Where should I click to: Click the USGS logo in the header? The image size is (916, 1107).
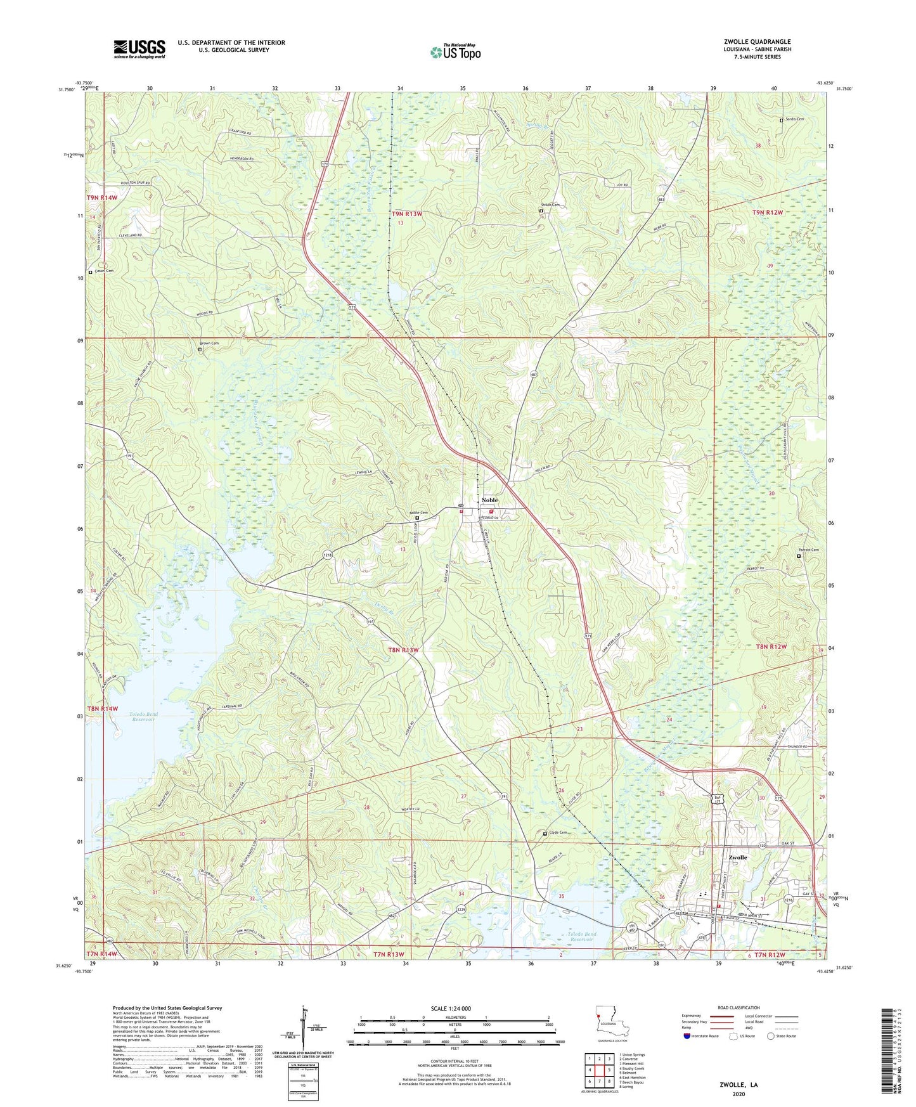coord(139,49)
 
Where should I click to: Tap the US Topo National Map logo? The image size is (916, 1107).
coord(455,51)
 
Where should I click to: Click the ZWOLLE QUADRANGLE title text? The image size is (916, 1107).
coord(757,42)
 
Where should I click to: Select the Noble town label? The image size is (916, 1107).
coord(489,500)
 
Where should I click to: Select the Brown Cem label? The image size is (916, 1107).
coord(210,344)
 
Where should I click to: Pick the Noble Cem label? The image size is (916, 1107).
coord(418,513)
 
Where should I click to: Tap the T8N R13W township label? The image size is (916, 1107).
coord(403,650)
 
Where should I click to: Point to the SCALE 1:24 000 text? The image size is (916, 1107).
coord(451,1008)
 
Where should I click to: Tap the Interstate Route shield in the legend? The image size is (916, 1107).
coord(687,1036)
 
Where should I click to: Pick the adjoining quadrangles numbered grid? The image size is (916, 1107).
coord(599,1070)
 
